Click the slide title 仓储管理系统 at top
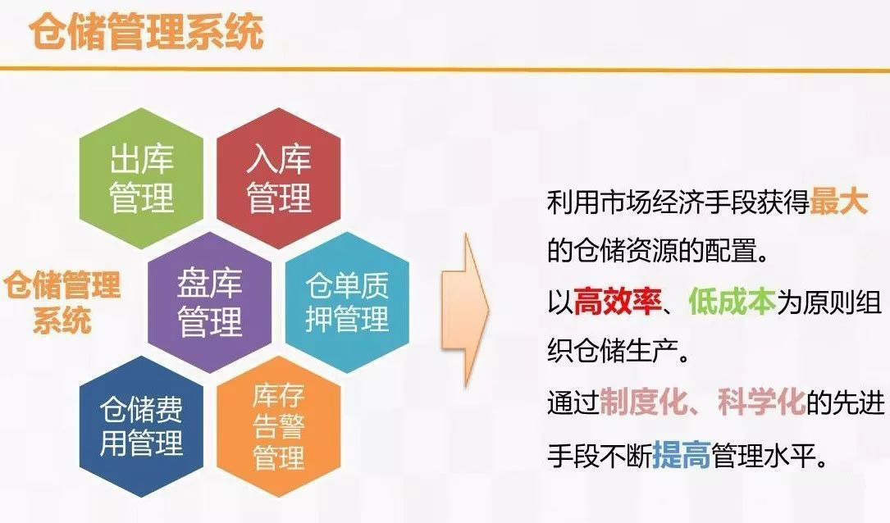pyautogui.click(x=146, y=33)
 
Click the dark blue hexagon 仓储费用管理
pyautogui.click(x=141, y=426)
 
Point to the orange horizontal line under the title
pyautogui.click(x=445, y=70)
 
